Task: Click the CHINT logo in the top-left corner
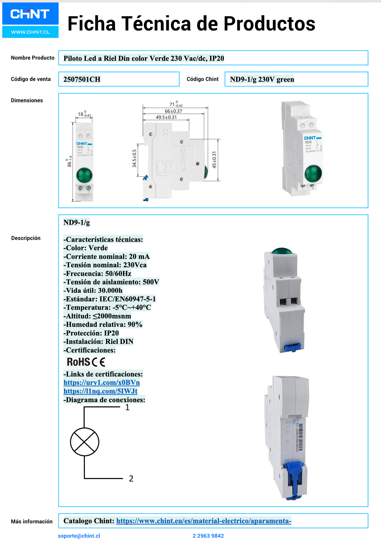[30, 14]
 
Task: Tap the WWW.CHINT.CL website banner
[30, 32]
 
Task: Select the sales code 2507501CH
[82, 79]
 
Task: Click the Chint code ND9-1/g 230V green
[262, 79]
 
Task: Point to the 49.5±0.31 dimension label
[166, 117]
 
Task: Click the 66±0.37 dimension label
[173, 111]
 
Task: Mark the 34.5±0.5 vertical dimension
[134, 159]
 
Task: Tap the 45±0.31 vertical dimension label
[214, 160]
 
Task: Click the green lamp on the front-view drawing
[84, 175]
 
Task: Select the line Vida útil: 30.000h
[93, 290]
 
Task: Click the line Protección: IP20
[91, 333]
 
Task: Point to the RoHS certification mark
[78, 362]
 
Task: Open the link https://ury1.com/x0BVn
[102, 382]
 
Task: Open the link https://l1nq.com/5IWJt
[100, 391]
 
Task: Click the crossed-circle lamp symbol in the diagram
[85, 442]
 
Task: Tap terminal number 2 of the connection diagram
[131, 478]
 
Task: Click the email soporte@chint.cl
[79, 536]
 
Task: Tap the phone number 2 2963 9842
[208, 536]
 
